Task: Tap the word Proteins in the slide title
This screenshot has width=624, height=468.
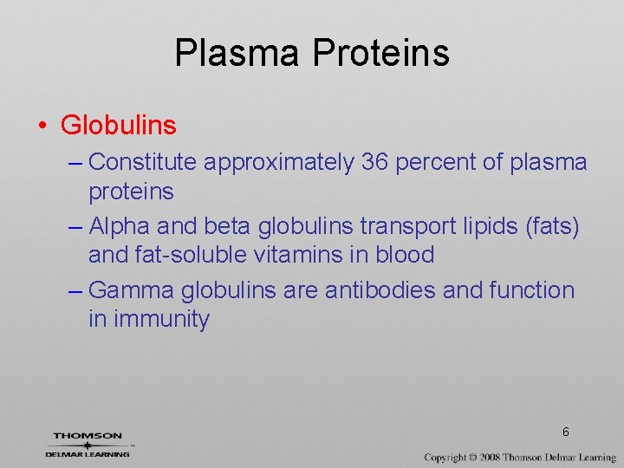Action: click(380, 52)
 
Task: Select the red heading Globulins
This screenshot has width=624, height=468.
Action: click(119, 126)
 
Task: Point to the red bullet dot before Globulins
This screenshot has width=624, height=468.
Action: click(42, 127)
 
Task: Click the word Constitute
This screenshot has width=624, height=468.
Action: click(145, 162)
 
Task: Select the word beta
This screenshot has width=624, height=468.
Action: click(227, 226)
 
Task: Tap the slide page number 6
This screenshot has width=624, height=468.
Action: click(565, 432)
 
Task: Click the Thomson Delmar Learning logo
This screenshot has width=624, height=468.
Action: click(88, 445)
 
